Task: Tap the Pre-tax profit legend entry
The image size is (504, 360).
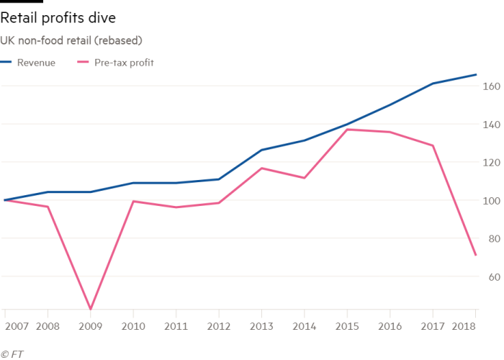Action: (x=124, y=63)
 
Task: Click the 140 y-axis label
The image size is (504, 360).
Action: (x=490, y=125)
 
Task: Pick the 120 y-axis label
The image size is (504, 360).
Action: (x=490, y=163)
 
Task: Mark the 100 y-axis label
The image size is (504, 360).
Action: (x=490, y=202)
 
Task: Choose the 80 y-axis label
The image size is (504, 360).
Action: (x=491, y=240)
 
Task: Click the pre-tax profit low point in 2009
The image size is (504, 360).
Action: (x=91, y=308)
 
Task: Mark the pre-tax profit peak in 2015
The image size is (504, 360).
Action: (x=347, y=129)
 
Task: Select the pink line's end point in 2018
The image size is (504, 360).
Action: (x=475, y=255)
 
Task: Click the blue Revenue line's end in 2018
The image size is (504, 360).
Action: (x=475, y=74)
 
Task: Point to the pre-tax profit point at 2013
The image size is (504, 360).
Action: (x=261, y=168)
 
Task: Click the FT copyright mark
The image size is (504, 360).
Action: (x=11, y=354)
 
